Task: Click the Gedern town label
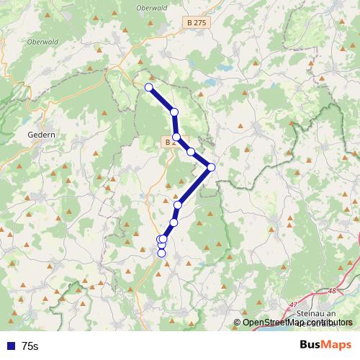pyautogui.click(x=40, y=134)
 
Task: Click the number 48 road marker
pyautogui.click(x=331, y=292)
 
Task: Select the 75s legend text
pyautogui.click(x=30, y=346)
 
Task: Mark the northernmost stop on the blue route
pyautogui.click(x=149, y=88)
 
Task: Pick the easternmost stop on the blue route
pyautogui.click(x=211, y=168)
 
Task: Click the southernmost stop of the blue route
pyautogui.click(x=161, y=253)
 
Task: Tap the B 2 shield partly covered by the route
pyautogui.click(x=171, y=143)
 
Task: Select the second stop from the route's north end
pyautogui.click(x=174, y=112)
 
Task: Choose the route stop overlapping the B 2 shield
pyautogui.click(x=176, y=137)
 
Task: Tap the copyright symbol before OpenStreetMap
pyautogui.click(x=238, y=323)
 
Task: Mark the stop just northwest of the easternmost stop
pyautogui.click(x=191, y=152)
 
